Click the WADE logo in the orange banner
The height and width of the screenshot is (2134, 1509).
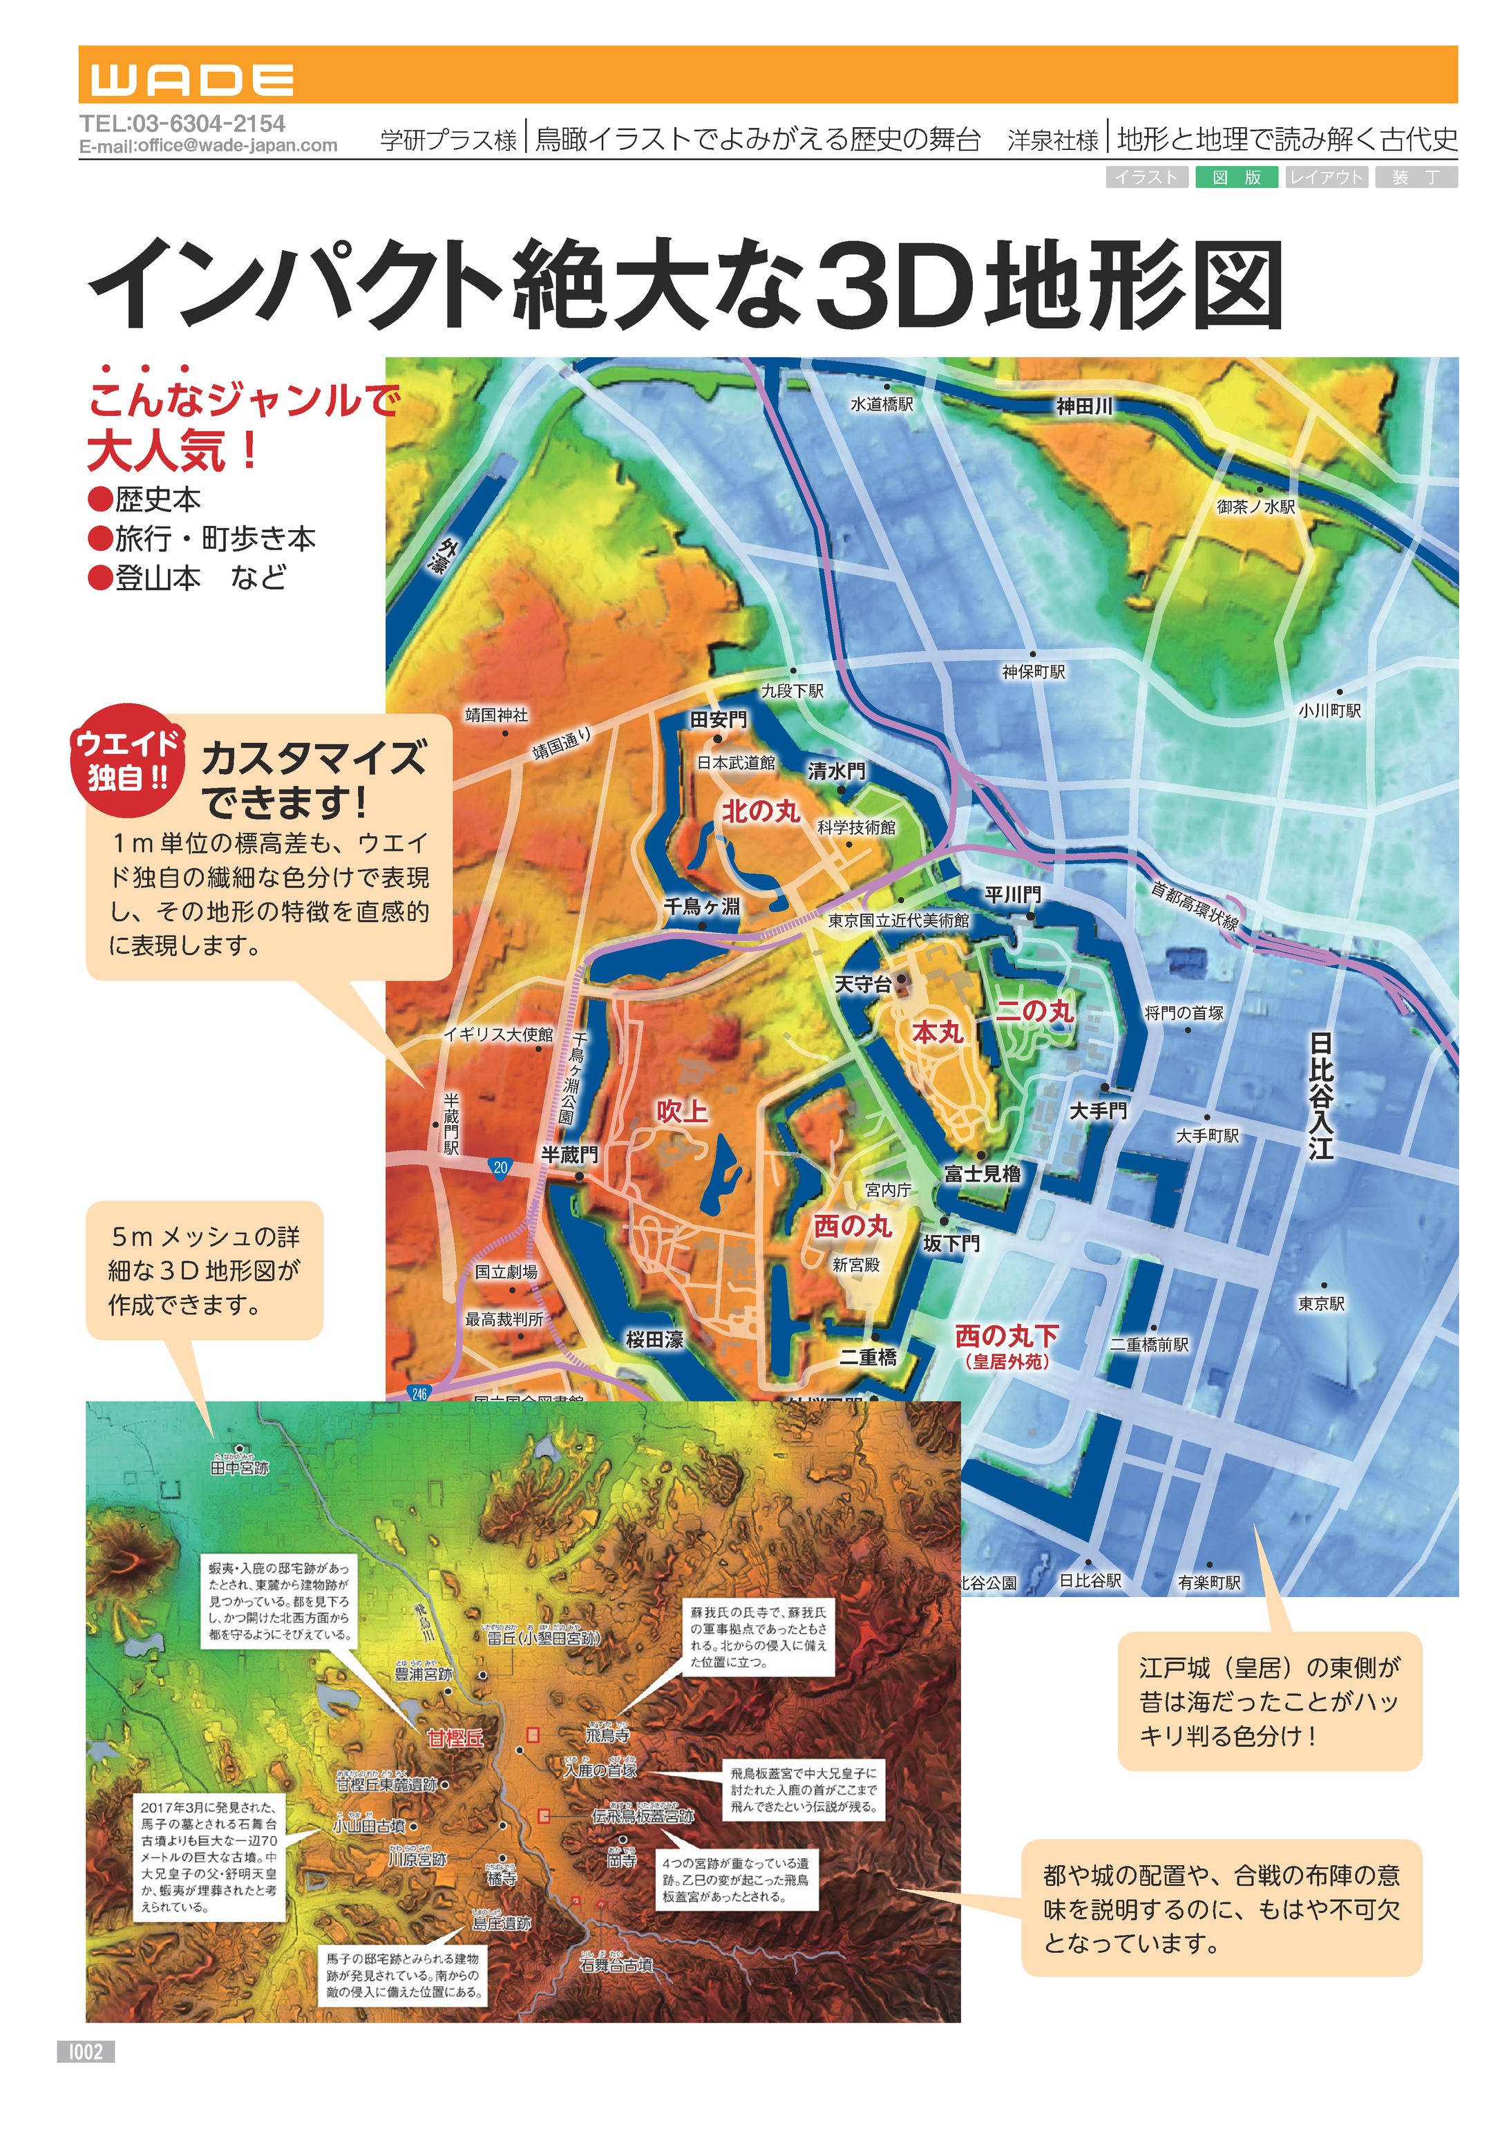(x=192, y=80)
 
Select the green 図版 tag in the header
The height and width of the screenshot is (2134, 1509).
(x=1236, y=178)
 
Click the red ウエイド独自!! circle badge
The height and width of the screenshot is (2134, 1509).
(x=127, y=759)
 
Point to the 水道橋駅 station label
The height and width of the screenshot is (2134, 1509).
(x=882, y=404)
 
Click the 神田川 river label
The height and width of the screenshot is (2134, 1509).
(x=1083, y=406)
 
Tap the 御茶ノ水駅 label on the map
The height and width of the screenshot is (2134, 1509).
(x=1256, y=507)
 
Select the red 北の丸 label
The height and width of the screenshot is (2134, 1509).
(x=761, y=811)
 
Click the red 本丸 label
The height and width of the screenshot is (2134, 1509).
(x=937, y=1032)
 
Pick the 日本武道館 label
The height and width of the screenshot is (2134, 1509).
(x=736, y=763)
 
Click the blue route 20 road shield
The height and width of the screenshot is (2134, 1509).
(x=501, y=1167)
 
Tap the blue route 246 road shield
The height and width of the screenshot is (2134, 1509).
(x=419, y=1393)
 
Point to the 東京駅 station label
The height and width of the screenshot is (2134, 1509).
(x=1321, y=1303)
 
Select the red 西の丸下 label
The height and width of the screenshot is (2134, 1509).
(x=1006, y=1336)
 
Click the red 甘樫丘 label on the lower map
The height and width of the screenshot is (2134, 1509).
(x=455, y=1737)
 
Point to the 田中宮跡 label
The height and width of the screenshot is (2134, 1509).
(x=240, y=1468)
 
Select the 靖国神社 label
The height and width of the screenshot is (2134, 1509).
(x=496, y=715)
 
